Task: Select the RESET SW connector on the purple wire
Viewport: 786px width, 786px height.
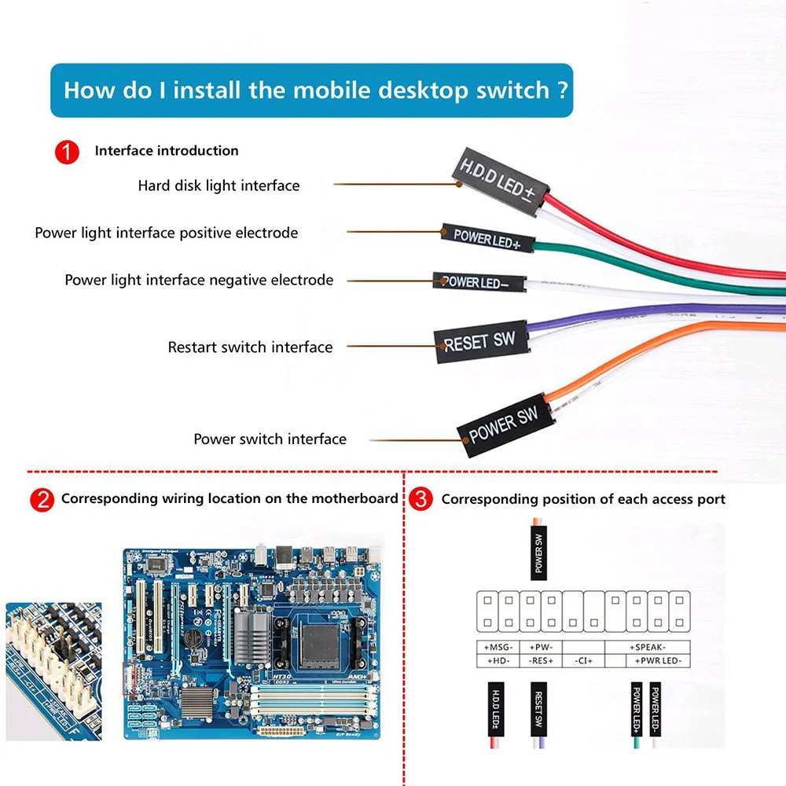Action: [479, 343]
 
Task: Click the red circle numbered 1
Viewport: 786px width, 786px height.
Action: [67, 152]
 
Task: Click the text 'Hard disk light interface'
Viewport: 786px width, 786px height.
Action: [219, 186]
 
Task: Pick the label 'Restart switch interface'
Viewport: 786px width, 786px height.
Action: [250, 347]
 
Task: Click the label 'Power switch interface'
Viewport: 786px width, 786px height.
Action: [270, 439]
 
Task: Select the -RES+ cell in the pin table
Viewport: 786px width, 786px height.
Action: [540, 661]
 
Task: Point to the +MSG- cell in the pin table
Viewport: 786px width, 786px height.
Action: [497, 647]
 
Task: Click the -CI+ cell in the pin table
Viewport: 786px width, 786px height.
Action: [583, 661]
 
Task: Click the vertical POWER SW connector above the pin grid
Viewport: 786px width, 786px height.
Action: [538, 553]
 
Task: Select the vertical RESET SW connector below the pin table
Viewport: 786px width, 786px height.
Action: [538, 711]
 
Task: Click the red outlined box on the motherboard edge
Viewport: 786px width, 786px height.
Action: [130, 678]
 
